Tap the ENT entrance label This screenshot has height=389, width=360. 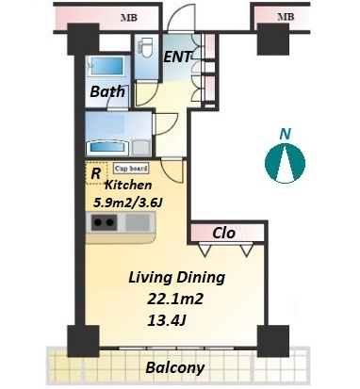tap(178, 57)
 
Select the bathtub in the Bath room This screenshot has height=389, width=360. tap(106, 66)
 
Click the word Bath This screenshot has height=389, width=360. tap(107, 91)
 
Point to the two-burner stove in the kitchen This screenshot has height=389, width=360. tap(104, 222)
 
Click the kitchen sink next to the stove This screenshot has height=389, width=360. tap(138, 222)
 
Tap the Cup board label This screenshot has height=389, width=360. tap(131, 169)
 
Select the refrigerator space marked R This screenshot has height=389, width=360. tap(96, 173)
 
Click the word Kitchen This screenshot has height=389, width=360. tap(128, 185)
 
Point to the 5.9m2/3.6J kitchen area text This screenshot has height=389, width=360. tap(128, 203)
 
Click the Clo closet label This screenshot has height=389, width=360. tap(223, 233)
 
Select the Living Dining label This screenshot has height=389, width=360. tap(177, 278)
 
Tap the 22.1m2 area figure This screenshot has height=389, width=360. tap(175, 299)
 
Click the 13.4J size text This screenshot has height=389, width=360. tap(167, 320)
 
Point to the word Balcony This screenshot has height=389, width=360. tap(175, 367)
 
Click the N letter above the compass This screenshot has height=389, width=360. tap(286, 134)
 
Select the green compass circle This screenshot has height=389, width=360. tap(285, 164)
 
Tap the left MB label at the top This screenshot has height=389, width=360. tap(129, 18)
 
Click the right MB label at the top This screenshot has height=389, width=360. tap(286, 17)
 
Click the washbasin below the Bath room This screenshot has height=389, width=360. tap(106, 147)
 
